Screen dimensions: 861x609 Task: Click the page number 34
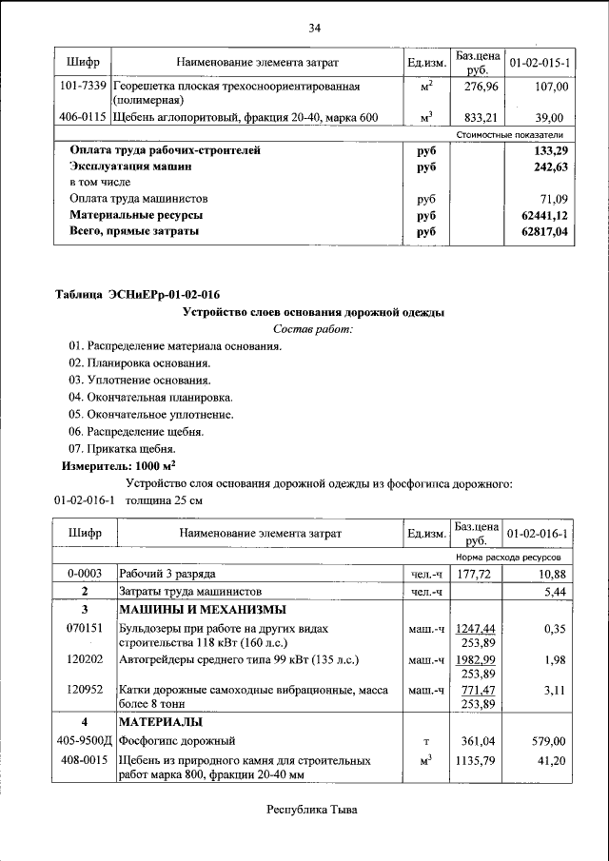click(x=314, y=27)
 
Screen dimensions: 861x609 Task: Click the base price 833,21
click(x=472, y=118)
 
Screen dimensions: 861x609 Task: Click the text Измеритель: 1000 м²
click(x=119, y=466)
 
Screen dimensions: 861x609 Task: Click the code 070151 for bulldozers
click(x=84, y=630)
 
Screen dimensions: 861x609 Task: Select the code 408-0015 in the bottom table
click(x=84, y=761)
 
